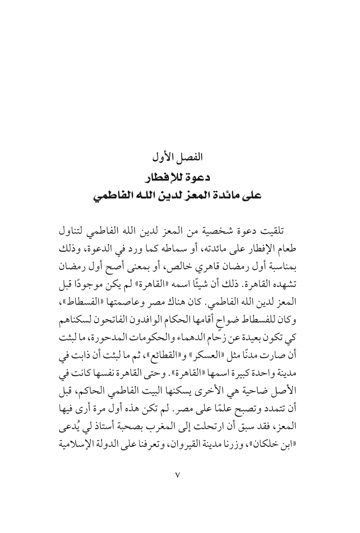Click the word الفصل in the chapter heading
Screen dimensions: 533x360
192,158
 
